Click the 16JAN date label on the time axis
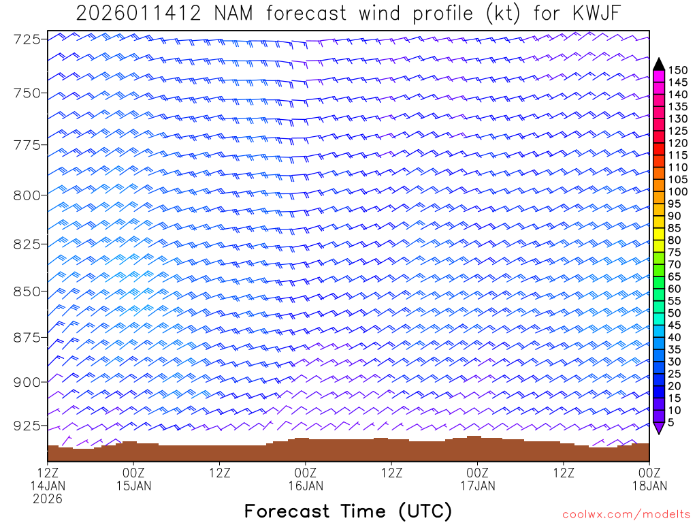pyautogui.click(x=306, y=486)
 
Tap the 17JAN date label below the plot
pyautogui.click(x=478, y=486)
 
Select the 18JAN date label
pyautogui.click(x=649, y=486)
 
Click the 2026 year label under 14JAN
pyautogui.click(x=48, y=499)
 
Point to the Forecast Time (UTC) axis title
pyautogui.click(x=348, y=511)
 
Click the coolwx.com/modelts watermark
pyautogui.click(x=625, y=513)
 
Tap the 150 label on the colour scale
pyautogui.click(x=677, y=69)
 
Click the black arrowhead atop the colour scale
pyautogui.click(x=659, y=64)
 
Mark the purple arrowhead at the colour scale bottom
pyautogui.click(x=659, y=428)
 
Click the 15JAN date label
pyautogui.click(x=134, y=486)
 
